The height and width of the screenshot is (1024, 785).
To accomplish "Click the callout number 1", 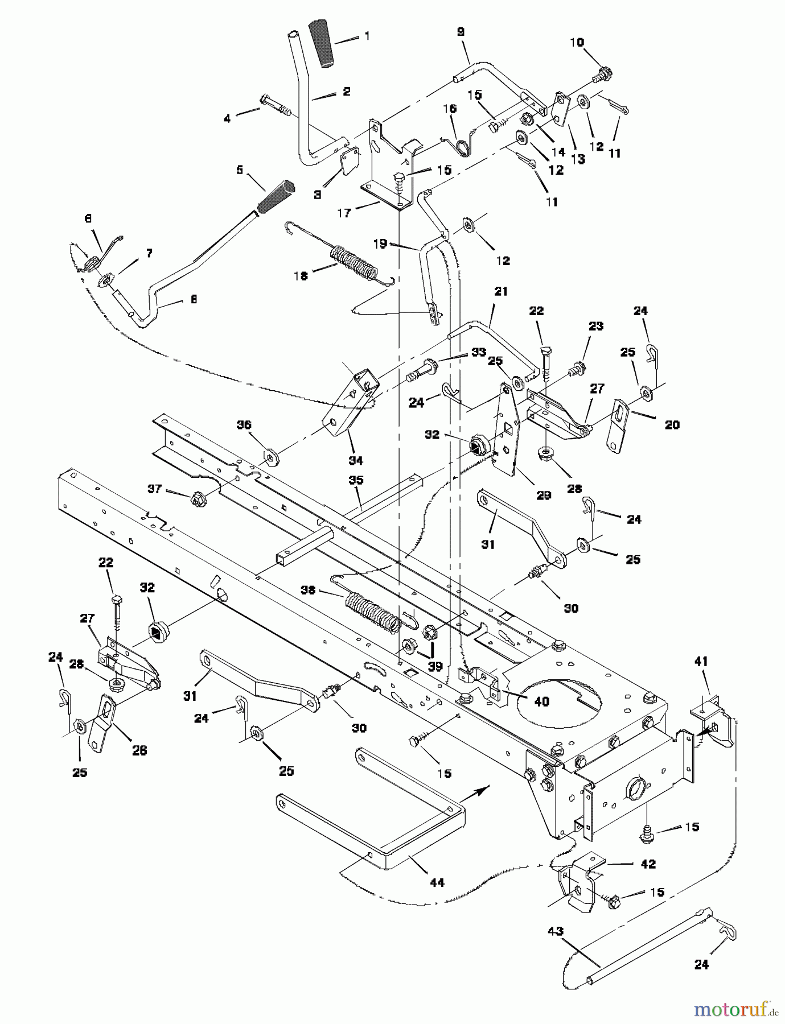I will click(x=367, y=36).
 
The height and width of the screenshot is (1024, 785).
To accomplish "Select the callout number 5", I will click(x=240, y=170).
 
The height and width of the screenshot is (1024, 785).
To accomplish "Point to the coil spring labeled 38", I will click(x=374, y=612).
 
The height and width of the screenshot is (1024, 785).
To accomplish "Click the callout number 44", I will click(x=437, y=882).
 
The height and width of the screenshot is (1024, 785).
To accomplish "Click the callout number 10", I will click(x=577, y=43).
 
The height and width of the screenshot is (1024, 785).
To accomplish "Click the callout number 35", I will click(x=356, y=480).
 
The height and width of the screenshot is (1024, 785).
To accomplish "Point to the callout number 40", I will click(x=541, y=701).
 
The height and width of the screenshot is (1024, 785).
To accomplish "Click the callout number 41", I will click(x=701, y=662).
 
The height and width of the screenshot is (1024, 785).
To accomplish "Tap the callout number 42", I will click(x=648, y=864).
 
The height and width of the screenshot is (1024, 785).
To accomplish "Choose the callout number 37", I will click(x=155, y=489).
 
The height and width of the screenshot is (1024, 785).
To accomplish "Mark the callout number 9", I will click(x=461, y=32).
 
